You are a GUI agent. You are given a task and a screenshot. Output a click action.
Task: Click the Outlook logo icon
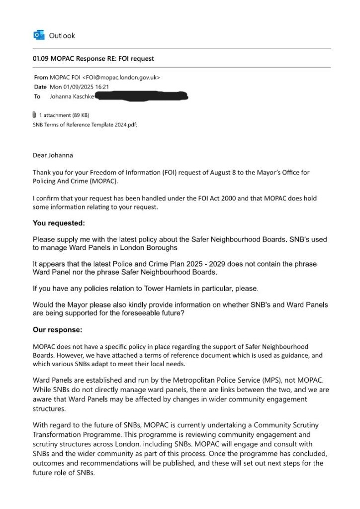38,35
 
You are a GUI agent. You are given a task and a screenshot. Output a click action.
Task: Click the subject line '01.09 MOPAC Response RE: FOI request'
93,59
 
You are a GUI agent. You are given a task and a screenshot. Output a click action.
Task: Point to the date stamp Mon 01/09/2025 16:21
79,87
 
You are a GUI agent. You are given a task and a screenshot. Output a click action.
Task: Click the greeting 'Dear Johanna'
53,155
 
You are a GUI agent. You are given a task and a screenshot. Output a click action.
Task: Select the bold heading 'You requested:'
59,223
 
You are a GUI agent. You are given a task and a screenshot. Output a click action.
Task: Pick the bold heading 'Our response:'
57,329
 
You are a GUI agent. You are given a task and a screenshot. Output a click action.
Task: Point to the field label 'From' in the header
41,77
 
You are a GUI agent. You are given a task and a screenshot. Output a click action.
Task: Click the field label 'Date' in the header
40,87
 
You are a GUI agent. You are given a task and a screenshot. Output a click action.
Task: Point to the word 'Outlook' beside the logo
62,35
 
